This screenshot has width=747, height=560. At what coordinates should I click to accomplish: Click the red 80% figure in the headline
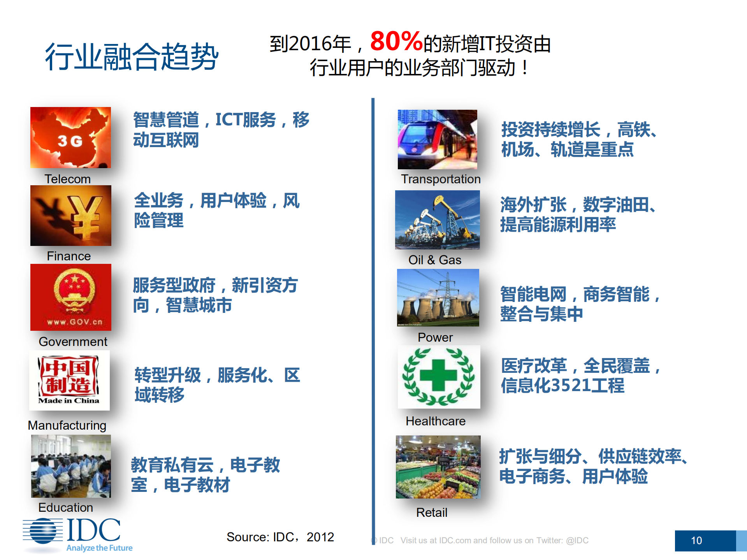[x=396, y=41]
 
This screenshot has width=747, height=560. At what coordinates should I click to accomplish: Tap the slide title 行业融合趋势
[x=132, y=57]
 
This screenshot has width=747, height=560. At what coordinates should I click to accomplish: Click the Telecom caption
[x=67, y=179]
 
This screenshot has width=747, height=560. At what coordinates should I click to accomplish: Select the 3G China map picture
[x=70, y=137]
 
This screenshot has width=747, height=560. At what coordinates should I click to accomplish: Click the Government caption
[x=73, y=342]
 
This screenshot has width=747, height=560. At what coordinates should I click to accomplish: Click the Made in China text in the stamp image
[x=69, y=400]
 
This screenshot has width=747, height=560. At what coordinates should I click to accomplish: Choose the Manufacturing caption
[x=67, y=425]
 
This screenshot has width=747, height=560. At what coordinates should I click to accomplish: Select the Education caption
[x=65, y=507]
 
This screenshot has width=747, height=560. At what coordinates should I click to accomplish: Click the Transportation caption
[x=441, y=179]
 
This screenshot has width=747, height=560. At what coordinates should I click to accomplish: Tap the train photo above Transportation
[x=437, y=139]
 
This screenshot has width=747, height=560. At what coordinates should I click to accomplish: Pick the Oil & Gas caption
[x=435, y=260]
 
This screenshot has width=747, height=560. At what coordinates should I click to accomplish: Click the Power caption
[x=435, y=337]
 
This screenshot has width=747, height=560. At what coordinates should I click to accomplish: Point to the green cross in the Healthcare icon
[x=438, y=375]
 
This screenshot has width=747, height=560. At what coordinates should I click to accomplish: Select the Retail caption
[x=432, y=513]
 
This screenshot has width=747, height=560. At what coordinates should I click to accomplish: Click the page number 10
[x=696, y=541]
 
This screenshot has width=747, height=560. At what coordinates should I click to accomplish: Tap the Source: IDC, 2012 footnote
[x=280, y=537]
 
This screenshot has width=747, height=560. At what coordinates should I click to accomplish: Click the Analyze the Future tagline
[x=99, y=548]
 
